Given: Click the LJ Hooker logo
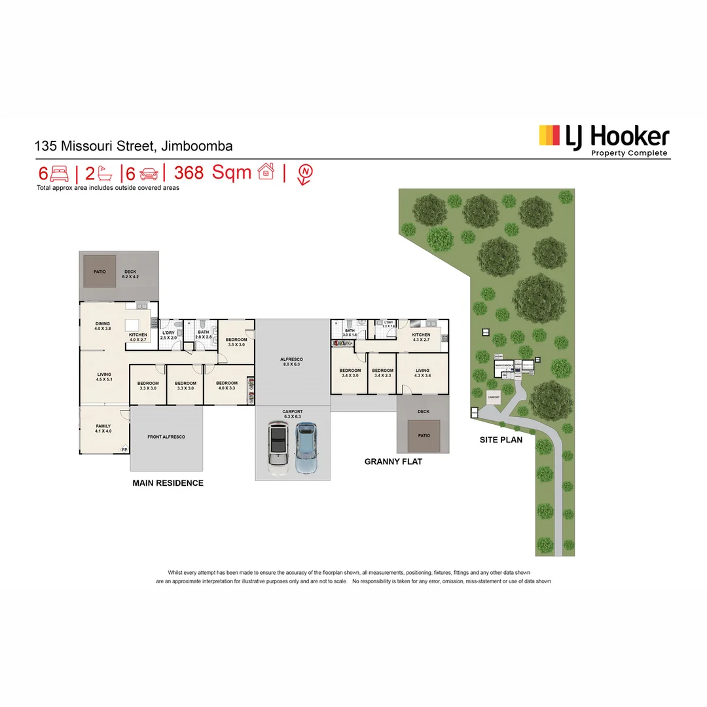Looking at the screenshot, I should click(x=604, y=139).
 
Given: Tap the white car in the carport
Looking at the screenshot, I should click(x=278, y=449).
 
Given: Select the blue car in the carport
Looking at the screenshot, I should click(x=306, y=448).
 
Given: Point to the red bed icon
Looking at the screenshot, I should click(x=60, y=173).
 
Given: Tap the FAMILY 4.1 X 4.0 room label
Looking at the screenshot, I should click(x=103, y=429).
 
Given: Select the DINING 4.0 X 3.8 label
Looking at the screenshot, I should click(x=103, y=326).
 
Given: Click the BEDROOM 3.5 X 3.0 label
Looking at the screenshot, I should click(x=236, y=342).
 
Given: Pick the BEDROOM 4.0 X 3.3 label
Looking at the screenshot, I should click(x=227, y=386).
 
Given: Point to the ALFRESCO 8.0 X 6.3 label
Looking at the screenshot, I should click(x=292, y=362).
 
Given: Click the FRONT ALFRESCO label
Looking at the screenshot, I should click(x=166, y=437).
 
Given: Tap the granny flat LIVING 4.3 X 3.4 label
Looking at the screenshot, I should click(x=423, y=373).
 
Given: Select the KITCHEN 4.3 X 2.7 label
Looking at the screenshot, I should click(x=421, y=337).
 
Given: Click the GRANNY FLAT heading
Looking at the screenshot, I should click(x=393, y=462).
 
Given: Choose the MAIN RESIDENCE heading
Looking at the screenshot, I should click(x=168, y=483).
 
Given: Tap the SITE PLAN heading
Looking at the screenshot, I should click(x=501, y=440).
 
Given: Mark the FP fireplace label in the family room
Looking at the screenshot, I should click(x=124, y=449).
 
